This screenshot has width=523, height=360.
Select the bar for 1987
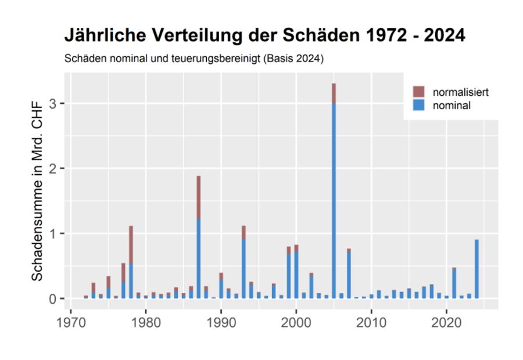click(x=198, y=244)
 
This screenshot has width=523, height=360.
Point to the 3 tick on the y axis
click(x=59, y=103)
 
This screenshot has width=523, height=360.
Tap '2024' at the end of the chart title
click(x=443, y=35)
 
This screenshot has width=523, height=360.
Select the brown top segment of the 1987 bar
click(x=198, y=197)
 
